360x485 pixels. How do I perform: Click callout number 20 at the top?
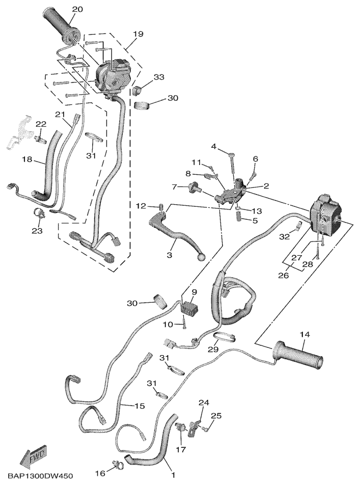[77, 10]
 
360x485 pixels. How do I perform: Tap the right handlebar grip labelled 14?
[300, 358]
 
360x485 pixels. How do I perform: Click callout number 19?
[138, 34]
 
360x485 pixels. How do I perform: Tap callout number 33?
[159, 77]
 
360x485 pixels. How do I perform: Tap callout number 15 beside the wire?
[140, 406]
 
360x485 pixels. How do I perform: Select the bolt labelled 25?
[206, 430]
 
